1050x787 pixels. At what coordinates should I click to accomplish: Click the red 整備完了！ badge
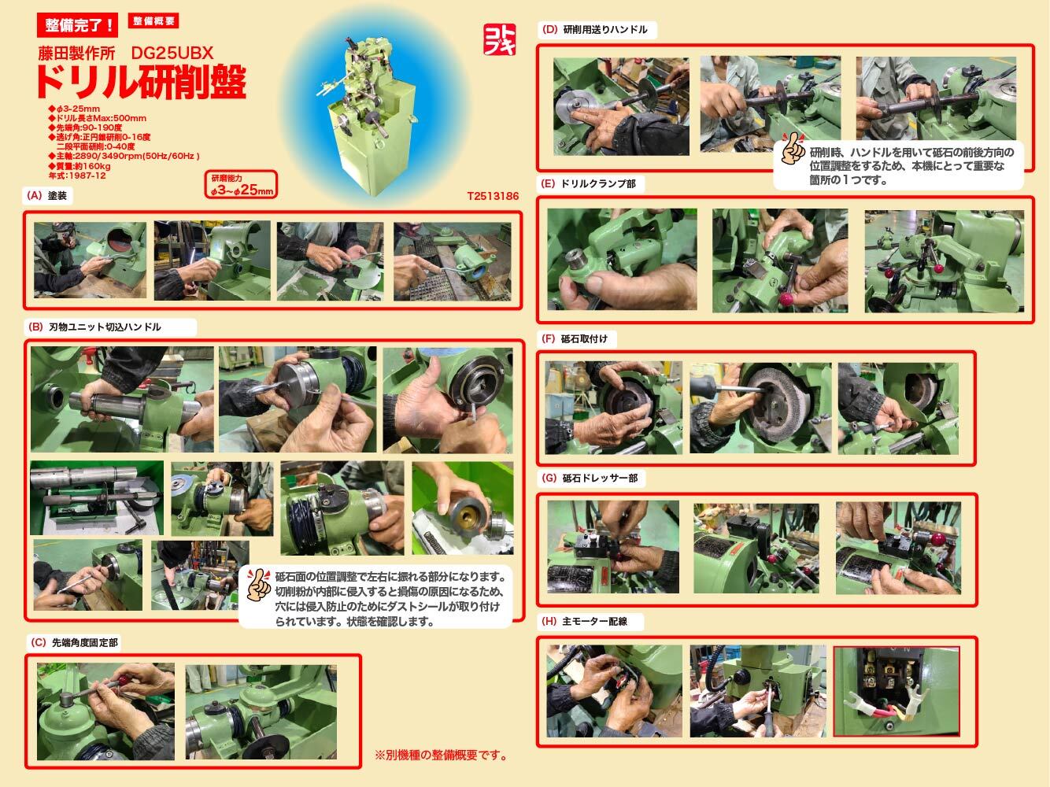tap(77, 24)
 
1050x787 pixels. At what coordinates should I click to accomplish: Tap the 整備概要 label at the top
tap(154, 22)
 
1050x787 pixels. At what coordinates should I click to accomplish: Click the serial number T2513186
tap(493, 196)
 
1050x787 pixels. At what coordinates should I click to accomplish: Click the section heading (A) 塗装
tap(49, 195)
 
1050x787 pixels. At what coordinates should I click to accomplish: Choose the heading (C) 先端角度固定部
tap(75, 642)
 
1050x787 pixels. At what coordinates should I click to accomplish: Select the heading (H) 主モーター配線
tap(585, 621)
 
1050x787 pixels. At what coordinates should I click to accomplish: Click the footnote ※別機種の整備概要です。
tap(441, 756)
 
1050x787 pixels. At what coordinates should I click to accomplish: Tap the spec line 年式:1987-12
tap(77, 176)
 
